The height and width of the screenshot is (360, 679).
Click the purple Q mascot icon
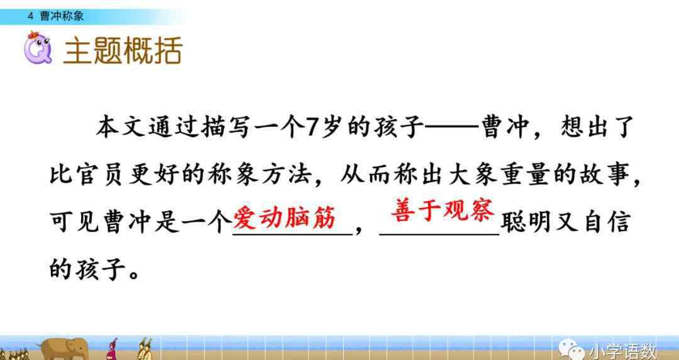click(x=38, y=48)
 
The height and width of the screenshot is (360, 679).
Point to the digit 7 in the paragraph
click(x=312, y=128)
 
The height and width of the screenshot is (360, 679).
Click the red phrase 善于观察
click(x=443, y=210)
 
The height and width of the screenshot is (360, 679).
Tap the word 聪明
click(x=526, y=223)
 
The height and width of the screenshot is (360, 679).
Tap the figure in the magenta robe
click(x=113, y=349)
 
